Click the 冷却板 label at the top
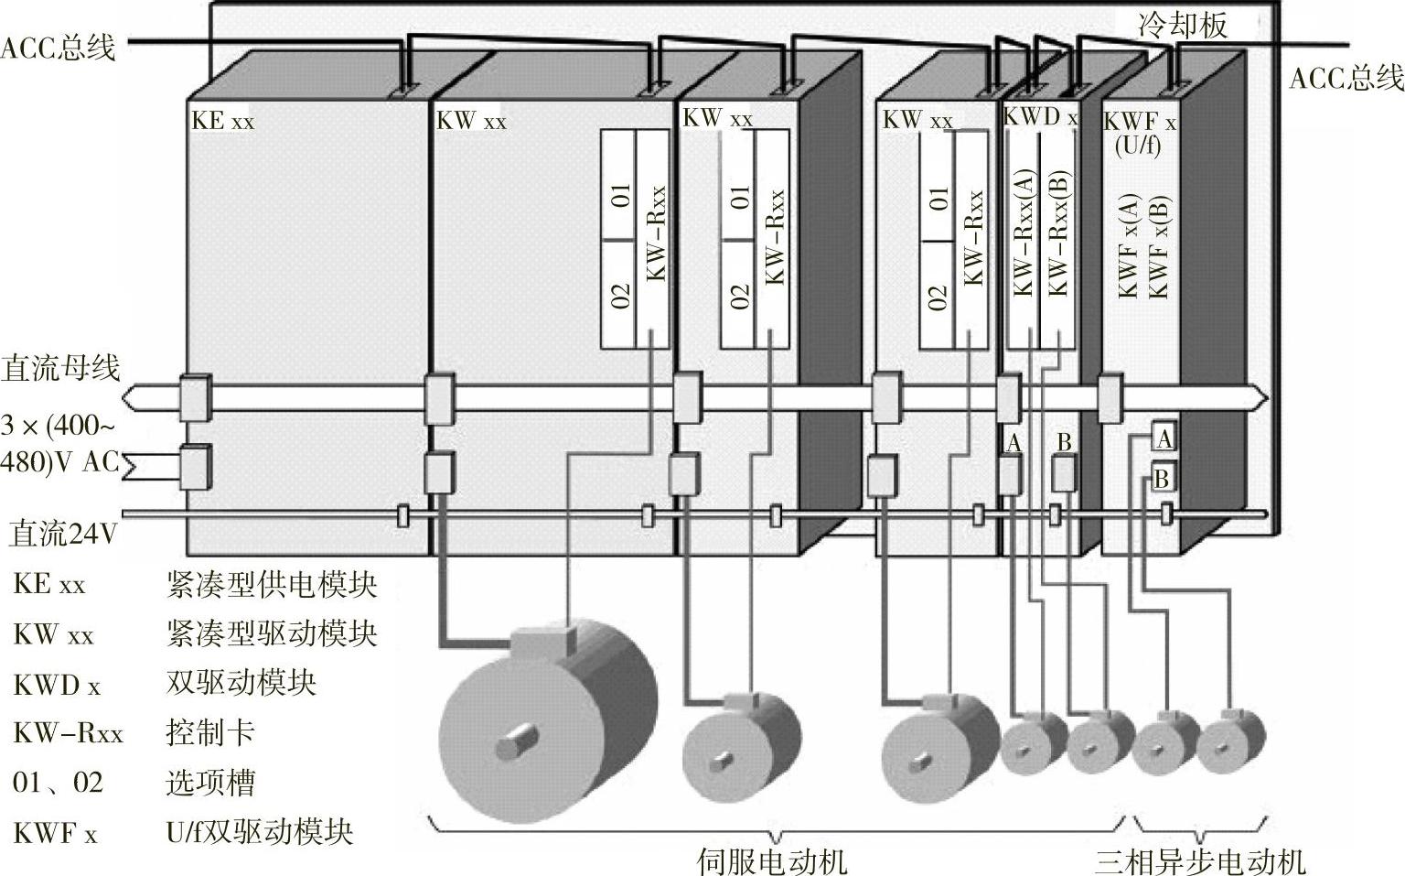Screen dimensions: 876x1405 click(1182, 26)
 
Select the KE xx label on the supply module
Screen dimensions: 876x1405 click(222, 121)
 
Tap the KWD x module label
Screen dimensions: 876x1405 click(1040, 117)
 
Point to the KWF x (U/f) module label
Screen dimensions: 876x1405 click(1139, 133)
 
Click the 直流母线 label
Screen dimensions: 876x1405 click(60, 368)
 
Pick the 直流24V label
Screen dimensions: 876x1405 click(64, 533)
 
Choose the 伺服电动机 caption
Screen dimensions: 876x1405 click(771, 860)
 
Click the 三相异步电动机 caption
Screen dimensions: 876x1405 click(1201, 860)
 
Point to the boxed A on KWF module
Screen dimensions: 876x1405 click(1164, 438)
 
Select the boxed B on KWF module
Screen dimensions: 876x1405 click(1162, 478)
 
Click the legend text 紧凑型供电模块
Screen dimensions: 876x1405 click(272, 584)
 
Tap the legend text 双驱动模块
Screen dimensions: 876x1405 click(241, 683)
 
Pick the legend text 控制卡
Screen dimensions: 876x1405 click(209, 732)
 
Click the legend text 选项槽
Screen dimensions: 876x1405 click(209, 783)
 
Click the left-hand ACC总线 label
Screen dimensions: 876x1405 click(59, 48)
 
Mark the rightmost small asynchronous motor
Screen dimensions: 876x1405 click(1231, 740)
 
